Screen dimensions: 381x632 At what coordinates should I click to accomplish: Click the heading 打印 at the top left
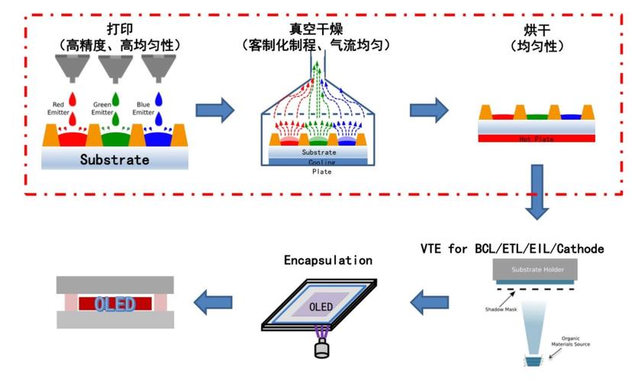[x=114, y=28]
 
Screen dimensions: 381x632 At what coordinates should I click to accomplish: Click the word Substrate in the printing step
[x=114, y=160]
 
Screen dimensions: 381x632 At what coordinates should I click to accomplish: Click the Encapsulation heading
[x=327, y=260]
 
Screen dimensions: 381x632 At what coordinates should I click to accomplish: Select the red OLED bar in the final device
[x=114, y=304]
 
